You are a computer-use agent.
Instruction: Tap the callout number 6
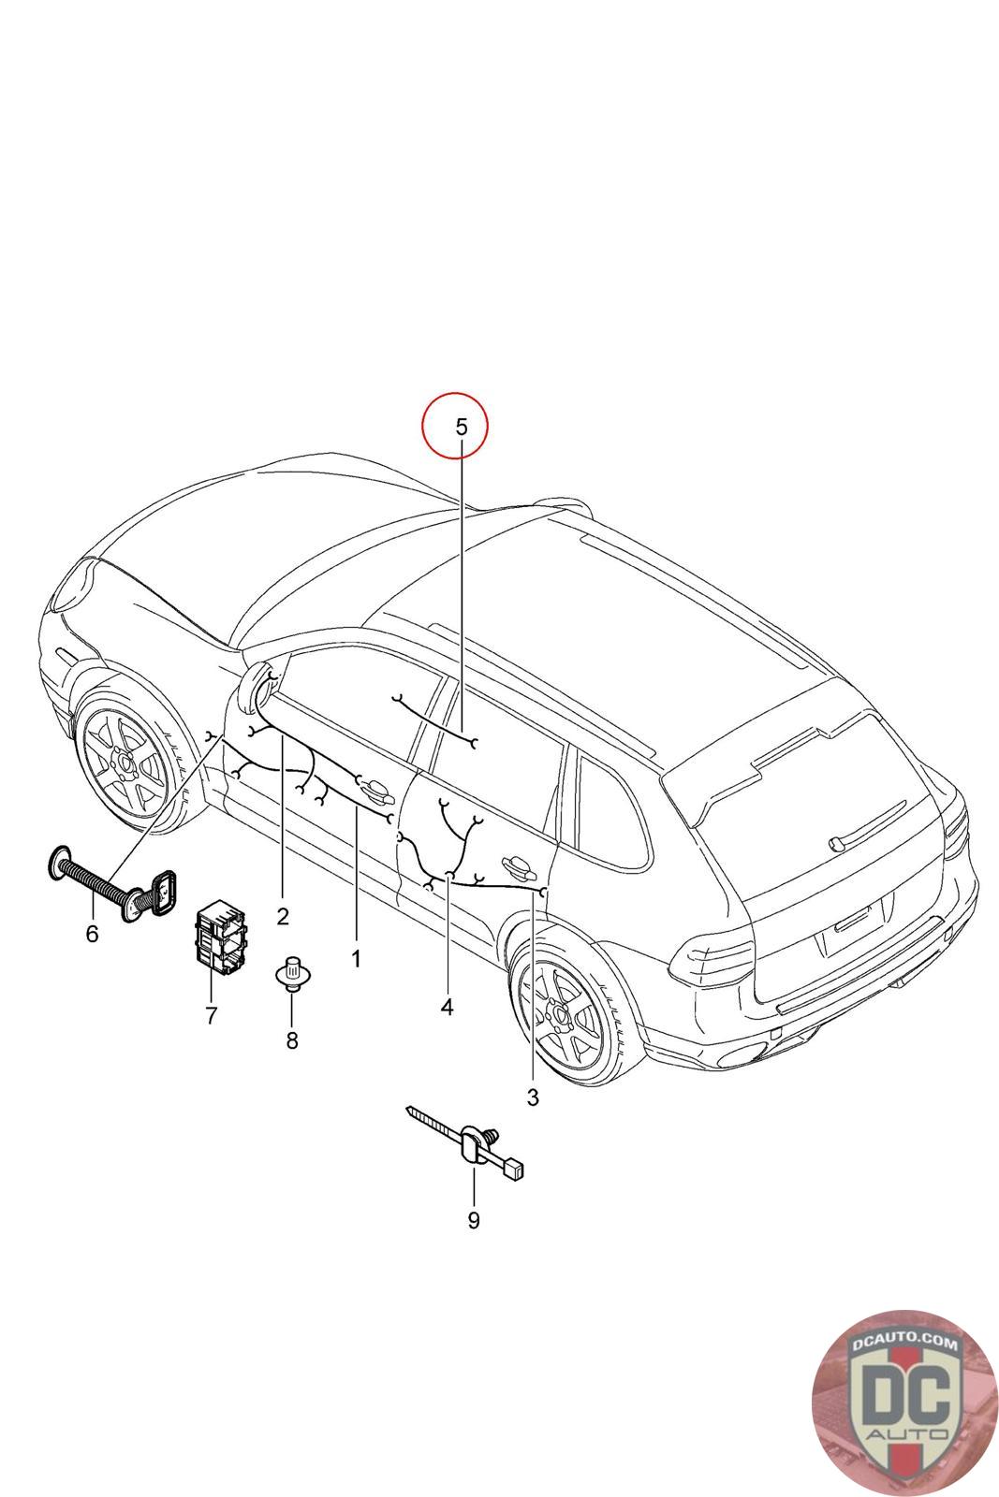click(92, 934)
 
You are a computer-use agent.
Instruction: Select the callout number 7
click(211, 1015)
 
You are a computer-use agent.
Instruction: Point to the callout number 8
click(292, 1039)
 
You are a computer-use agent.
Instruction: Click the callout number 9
click(474, 1220)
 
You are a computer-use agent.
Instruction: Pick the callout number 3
click(533, 1097)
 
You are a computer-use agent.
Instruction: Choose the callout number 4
click(447, 1007)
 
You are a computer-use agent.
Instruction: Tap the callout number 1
click(356, 959)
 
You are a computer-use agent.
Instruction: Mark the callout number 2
click(283, 915)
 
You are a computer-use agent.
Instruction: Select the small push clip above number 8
click(291, 973)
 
